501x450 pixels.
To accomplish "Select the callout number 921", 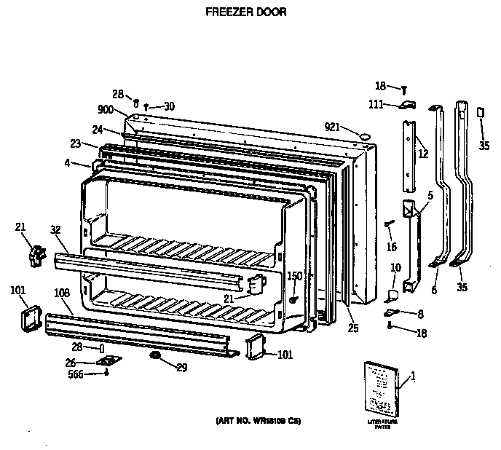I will [x=332, y=127].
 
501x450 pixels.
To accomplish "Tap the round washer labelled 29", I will [x=155, y=355].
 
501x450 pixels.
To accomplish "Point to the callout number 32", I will [x=55, y=229].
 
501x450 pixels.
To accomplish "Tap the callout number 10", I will [x=395, y=268].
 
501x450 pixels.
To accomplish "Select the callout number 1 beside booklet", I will [x=413, y=376].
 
